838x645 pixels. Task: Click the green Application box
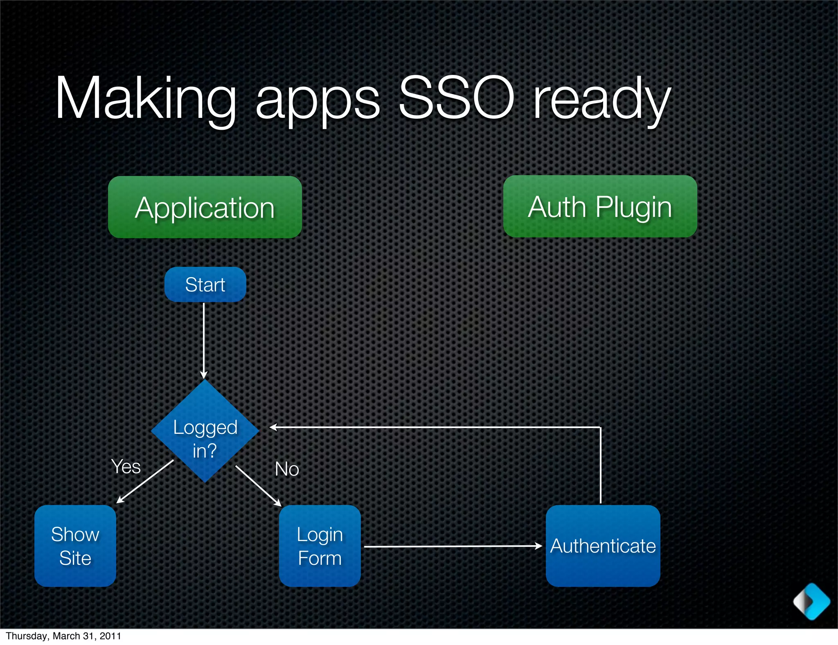click(205, 207)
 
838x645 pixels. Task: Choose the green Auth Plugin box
click(600, 206)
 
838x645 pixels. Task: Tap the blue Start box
click(205, 284)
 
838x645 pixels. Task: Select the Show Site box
click(75, 546)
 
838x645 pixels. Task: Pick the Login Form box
click(320, 546)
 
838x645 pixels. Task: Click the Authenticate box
click(603, 546)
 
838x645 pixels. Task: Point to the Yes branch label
click(126, 467)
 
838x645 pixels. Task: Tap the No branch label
click(287, 469)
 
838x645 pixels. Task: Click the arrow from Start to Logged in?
click(203, 340)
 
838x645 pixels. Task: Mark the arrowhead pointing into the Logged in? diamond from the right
click(273, 427)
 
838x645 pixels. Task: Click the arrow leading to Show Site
click(145, 481)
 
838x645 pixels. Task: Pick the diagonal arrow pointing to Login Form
click(258, 486)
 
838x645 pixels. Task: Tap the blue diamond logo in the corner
click(811, 601)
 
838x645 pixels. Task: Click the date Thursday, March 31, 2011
click(63, 636)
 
